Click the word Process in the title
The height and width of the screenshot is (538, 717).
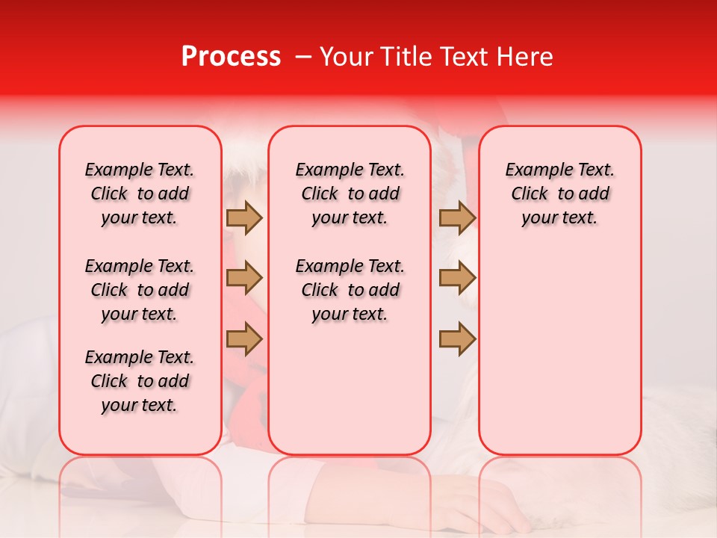pyautogui.click(x=231, y=57)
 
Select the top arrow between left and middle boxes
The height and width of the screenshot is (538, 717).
pyautogui.click(x=244, y=217)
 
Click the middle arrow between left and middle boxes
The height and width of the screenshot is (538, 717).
pyautogui.click(x=244, y=279)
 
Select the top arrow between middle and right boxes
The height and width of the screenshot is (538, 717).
pyautogui.click(x=457, y=217)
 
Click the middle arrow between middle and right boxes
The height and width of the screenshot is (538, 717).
pyautogui.click(x=457, y=279)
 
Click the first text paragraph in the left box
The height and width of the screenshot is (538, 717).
pyautogui.click(x=140, y=194)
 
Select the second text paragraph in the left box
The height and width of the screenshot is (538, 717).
pyautogui.click(x=140, y=290)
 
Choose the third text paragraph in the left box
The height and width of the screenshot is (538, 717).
pyautogui.click(x=140, y=381)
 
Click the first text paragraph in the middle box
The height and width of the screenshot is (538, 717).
pyautogui.click(x=350, y=194)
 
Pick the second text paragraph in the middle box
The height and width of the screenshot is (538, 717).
pyautogui.click(x=350, y=290)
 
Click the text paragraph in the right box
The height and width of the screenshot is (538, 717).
pyautogui.click(x=559, y=194)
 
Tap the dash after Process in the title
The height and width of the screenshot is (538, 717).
pyautogui.click(x=302, y=57)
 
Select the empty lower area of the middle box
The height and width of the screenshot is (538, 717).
pyautogui.click(x=350, y=389)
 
